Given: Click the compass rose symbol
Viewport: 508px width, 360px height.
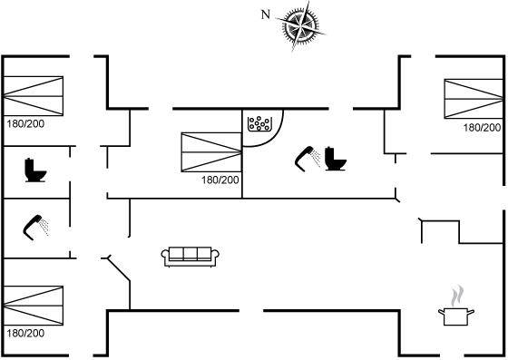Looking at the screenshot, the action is [x=301, y=24].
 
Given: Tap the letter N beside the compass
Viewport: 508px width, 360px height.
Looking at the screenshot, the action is [x=266, y=15].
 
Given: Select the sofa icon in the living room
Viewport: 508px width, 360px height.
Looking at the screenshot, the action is [x=190, y=257].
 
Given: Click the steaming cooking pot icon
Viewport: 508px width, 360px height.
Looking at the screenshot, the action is [x=456, y=306].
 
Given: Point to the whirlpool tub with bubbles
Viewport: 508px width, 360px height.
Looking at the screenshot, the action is [x=259, y=124].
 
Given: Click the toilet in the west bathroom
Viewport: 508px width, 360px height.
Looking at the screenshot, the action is [x=35, y=170].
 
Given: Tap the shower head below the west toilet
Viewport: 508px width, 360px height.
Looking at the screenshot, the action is [x=35, y=228].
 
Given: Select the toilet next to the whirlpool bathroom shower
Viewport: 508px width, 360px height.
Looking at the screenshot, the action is [x=336, y=159].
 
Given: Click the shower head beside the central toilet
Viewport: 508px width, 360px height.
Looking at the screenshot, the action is [x=308, y=159].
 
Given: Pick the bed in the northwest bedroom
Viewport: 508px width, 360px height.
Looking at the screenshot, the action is [x=33, y=96].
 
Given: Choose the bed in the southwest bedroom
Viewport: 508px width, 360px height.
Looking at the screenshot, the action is [x=33, y=306].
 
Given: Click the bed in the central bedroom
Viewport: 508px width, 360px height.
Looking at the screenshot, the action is [x=211, y=151].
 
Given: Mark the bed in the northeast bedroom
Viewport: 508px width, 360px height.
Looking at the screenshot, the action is [x=474, y=99].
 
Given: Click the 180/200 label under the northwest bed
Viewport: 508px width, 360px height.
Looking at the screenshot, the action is [x=25, y=123].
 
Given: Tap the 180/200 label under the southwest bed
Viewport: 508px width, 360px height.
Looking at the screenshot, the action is [x=25, y=333].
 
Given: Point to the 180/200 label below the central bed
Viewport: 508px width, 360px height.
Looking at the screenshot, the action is [x=220, y=180].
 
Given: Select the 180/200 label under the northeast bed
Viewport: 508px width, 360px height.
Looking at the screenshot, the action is [x=482, y=128].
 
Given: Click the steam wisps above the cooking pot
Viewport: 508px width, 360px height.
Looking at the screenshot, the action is [x=457, y=296].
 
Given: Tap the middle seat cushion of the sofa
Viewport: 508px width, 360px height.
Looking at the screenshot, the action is [x=190, y=253].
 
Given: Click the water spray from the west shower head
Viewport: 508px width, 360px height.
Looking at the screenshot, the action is [x=44, y=228].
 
